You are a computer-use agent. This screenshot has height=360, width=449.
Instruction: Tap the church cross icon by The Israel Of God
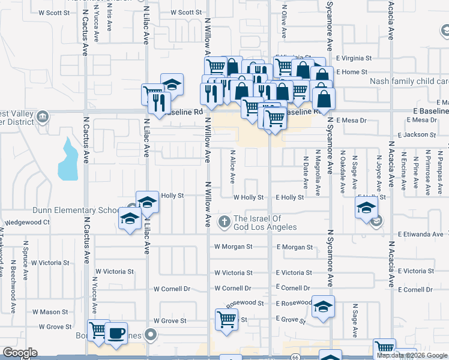coord(224,223)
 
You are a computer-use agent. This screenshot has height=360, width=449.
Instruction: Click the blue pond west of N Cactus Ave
coord(68,161)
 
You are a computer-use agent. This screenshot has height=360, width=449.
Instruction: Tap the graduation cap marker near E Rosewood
coord(323,307)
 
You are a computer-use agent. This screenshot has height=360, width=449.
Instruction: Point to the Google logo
coord(20,353)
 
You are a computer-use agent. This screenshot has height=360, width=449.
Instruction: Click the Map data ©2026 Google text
coord(412,355)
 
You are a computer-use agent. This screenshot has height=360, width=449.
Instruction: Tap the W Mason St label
coord(50,312)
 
